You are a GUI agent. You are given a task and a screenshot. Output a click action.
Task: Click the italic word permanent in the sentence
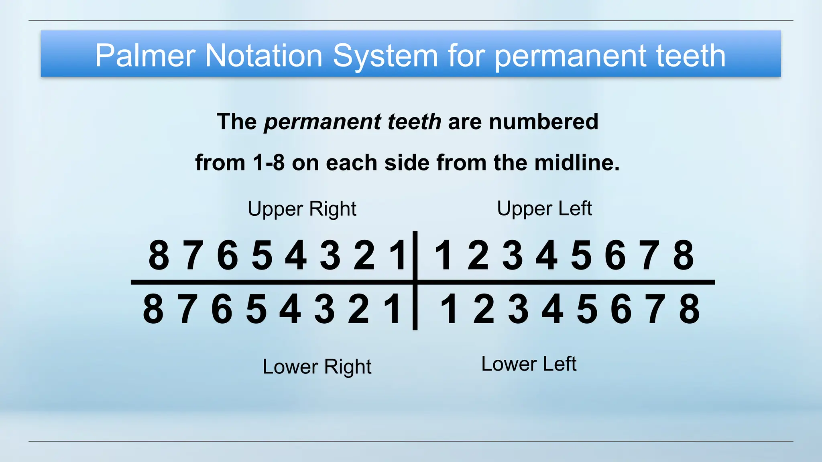tap(322, 122)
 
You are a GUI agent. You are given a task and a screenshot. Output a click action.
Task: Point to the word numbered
tap(543, 122)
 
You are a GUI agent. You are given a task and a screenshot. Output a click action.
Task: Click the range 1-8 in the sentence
tap(269, 163)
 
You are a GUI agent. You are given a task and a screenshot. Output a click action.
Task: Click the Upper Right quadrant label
tap(302, 209)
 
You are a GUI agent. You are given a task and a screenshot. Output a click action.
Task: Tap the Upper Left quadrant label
tap(544, 209)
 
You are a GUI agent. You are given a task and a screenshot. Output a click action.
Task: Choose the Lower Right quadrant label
tap(317, 367)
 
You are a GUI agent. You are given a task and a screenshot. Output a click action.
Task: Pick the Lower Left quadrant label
tap(529, 364)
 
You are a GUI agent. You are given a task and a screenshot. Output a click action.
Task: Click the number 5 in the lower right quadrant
tap(256, 309)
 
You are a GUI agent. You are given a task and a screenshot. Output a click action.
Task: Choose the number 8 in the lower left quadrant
tap(690, 309)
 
